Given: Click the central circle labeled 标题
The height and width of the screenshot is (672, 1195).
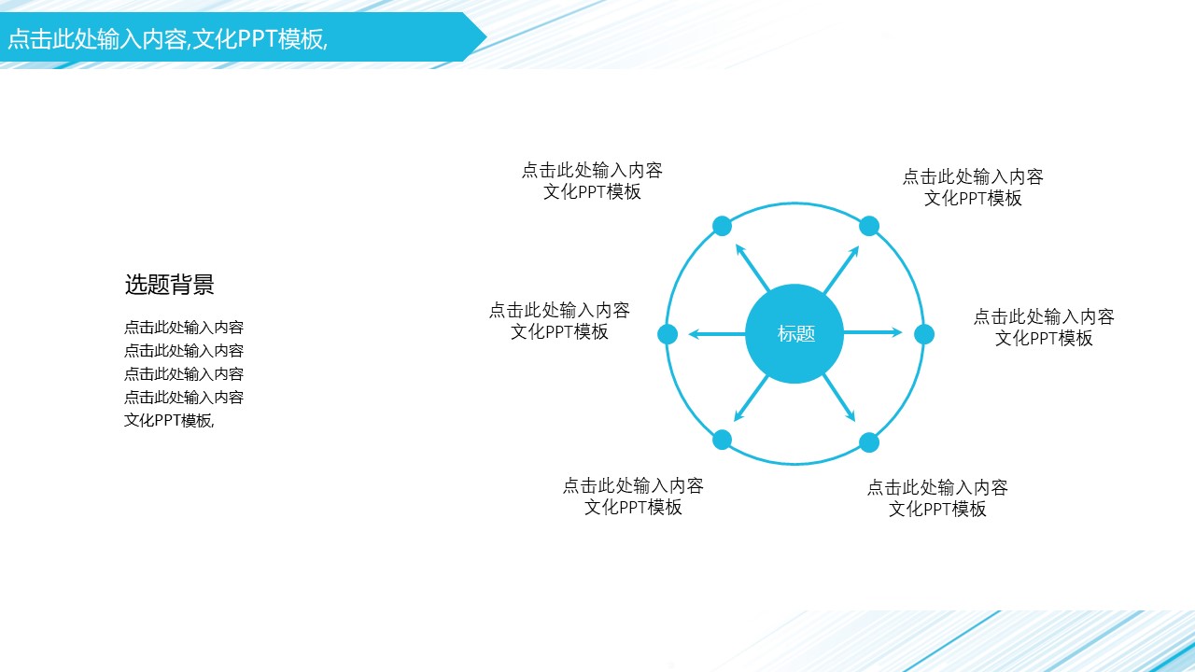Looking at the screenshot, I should point(794,333).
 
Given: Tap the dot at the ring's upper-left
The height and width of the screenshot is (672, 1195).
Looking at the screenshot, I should point(722,226).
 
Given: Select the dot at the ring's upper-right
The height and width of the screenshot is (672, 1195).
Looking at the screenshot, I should point(869,226).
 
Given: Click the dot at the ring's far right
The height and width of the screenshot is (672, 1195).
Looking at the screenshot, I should point(924,334).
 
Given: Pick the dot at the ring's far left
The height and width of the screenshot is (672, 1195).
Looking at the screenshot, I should point(668,334).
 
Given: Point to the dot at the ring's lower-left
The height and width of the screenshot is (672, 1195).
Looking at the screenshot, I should point(722,440).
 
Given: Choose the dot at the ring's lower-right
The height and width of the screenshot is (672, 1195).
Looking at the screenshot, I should point(869,442).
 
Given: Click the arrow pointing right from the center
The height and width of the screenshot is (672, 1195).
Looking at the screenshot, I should point(873,332).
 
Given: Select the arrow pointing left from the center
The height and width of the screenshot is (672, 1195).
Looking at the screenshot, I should point(717,333).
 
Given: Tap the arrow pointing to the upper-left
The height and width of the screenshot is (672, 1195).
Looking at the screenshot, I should point(752,267).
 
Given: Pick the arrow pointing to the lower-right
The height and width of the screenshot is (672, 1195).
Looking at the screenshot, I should point(839,399).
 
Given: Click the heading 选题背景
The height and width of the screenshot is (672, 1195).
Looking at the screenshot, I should point(170,286).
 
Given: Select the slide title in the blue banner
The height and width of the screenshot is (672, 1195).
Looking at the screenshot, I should point(168,39).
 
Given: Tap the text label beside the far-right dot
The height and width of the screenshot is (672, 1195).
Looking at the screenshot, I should point(1044,328).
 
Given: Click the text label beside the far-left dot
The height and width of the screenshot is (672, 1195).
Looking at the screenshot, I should point(559,321).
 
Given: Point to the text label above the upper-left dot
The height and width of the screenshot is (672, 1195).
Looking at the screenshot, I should point(592,181).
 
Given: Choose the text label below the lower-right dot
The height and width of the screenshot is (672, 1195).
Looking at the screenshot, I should point(937,498).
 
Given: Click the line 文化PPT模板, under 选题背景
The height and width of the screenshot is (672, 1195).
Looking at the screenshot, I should point(169,420).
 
